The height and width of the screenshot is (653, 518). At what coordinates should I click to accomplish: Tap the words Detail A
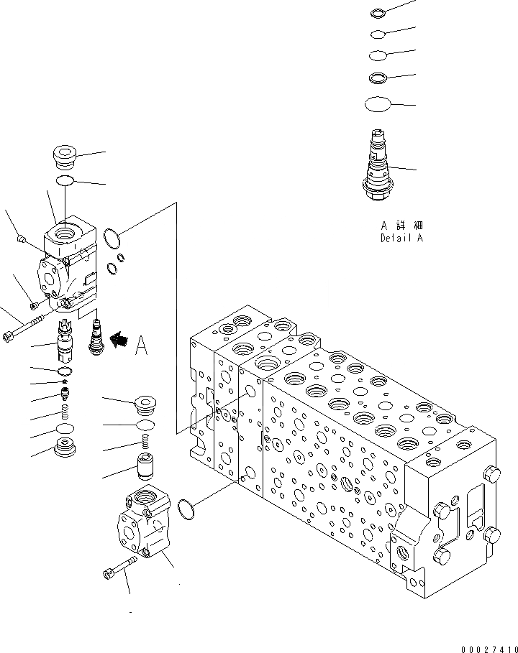pos(401,238)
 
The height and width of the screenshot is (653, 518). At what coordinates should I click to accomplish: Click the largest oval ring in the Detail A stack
pos(378,105)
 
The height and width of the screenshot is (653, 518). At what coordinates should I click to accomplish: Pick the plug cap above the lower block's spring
pos(145,406)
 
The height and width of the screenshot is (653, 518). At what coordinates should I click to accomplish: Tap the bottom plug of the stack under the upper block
pos(65,451)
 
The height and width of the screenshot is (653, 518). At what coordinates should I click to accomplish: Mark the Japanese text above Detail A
pos(401,226)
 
